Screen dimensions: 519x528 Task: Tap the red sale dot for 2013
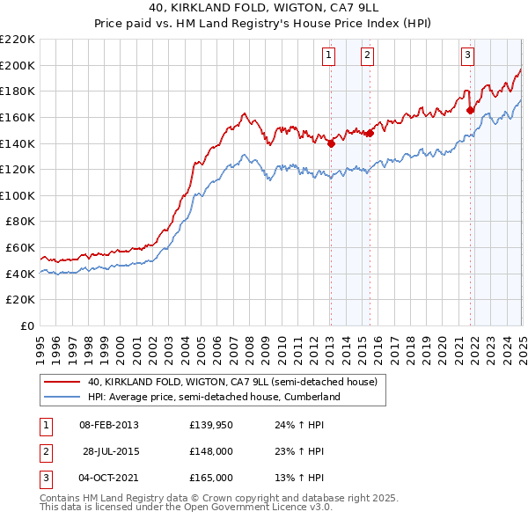coord(331,143)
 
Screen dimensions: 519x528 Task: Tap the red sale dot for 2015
coord(370,133)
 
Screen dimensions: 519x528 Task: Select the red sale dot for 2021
coord(470,110)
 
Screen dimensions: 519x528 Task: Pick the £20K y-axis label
coord(21,300)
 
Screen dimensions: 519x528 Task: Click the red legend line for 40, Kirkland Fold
coord(62,382)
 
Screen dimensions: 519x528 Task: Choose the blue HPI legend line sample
coord(62,397)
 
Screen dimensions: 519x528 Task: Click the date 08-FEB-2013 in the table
coord(109,425)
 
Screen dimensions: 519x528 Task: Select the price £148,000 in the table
coord(211,451)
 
